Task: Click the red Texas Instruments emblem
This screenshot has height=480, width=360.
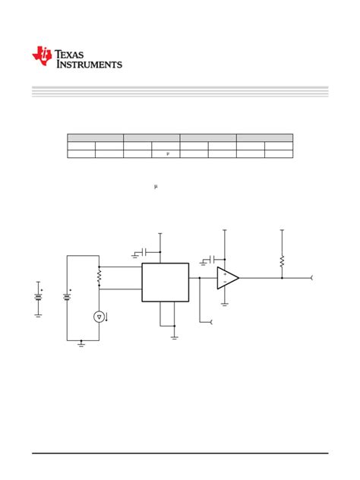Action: (42, 55)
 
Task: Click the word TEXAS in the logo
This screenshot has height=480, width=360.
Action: (69, 55)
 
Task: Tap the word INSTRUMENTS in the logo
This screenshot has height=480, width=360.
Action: (89, 65)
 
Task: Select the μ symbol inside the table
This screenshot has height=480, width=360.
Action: (168, 153)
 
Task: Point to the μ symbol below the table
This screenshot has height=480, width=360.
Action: (156, 186)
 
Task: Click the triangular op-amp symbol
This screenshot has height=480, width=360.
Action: (228, 278)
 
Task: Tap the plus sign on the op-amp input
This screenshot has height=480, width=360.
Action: (225, 274)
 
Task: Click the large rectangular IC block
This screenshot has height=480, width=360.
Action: (166, 283)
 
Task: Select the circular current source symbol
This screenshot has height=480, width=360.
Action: (99, 317)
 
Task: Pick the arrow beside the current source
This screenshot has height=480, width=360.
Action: (106, 317)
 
